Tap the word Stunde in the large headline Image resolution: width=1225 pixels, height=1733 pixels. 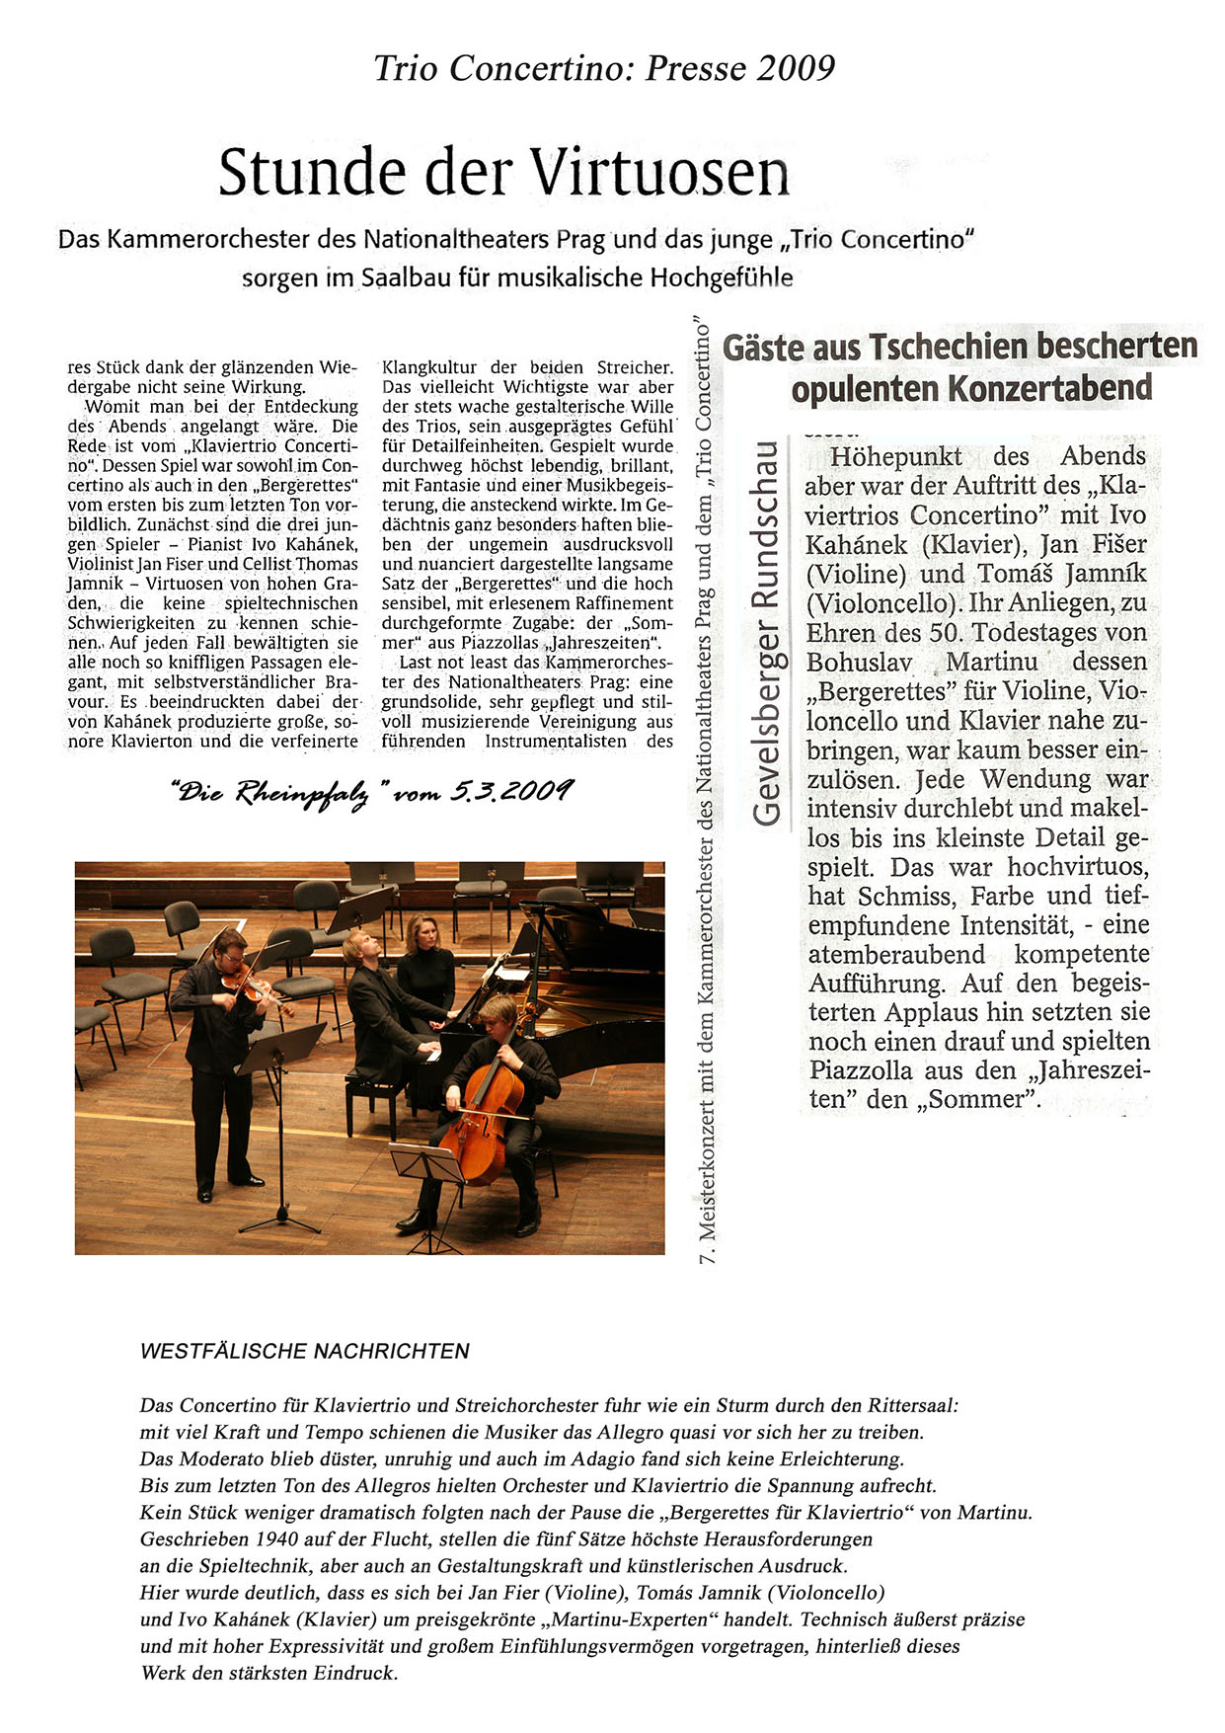tap(312, 172)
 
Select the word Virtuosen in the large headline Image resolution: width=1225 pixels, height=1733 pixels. tap(660, 172)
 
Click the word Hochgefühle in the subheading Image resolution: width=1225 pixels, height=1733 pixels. tap(722, 277)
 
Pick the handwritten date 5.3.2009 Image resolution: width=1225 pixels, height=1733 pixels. tap(510, 790)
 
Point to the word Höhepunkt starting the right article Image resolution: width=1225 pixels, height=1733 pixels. tap(895, 456)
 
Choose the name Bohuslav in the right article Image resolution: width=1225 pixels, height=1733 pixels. tap(859, 662)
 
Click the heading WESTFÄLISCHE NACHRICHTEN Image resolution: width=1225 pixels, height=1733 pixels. tap(305, 1352)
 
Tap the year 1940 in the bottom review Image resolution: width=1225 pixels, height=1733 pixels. tap(276, 1538)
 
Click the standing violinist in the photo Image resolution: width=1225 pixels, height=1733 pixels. tap(220, 1047)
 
